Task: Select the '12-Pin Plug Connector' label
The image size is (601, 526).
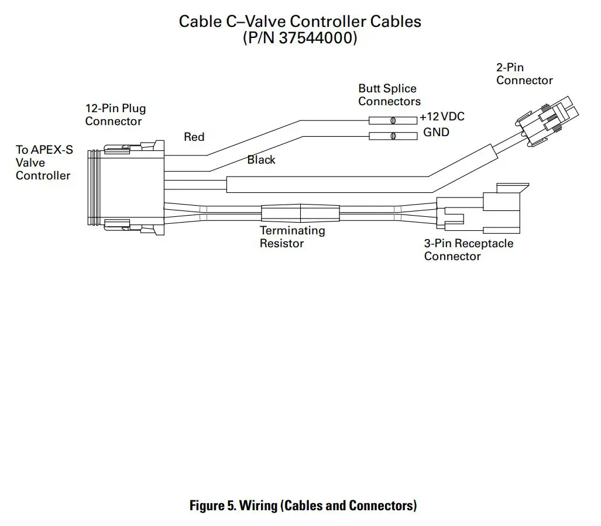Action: point(115,115)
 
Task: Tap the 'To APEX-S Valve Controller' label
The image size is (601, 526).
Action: point(44,162)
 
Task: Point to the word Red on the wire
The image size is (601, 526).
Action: point(194,137)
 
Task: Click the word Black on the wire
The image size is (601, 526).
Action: point(261,160)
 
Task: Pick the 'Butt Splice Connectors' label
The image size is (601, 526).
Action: point(389,95)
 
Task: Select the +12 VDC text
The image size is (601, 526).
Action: point(442,117)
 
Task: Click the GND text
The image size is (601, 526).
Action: point(436,133)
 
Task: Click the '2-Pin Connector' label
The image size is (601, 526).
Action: point(524,74)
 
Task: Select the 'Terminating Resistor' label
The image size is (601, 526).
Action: point(292,237)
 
